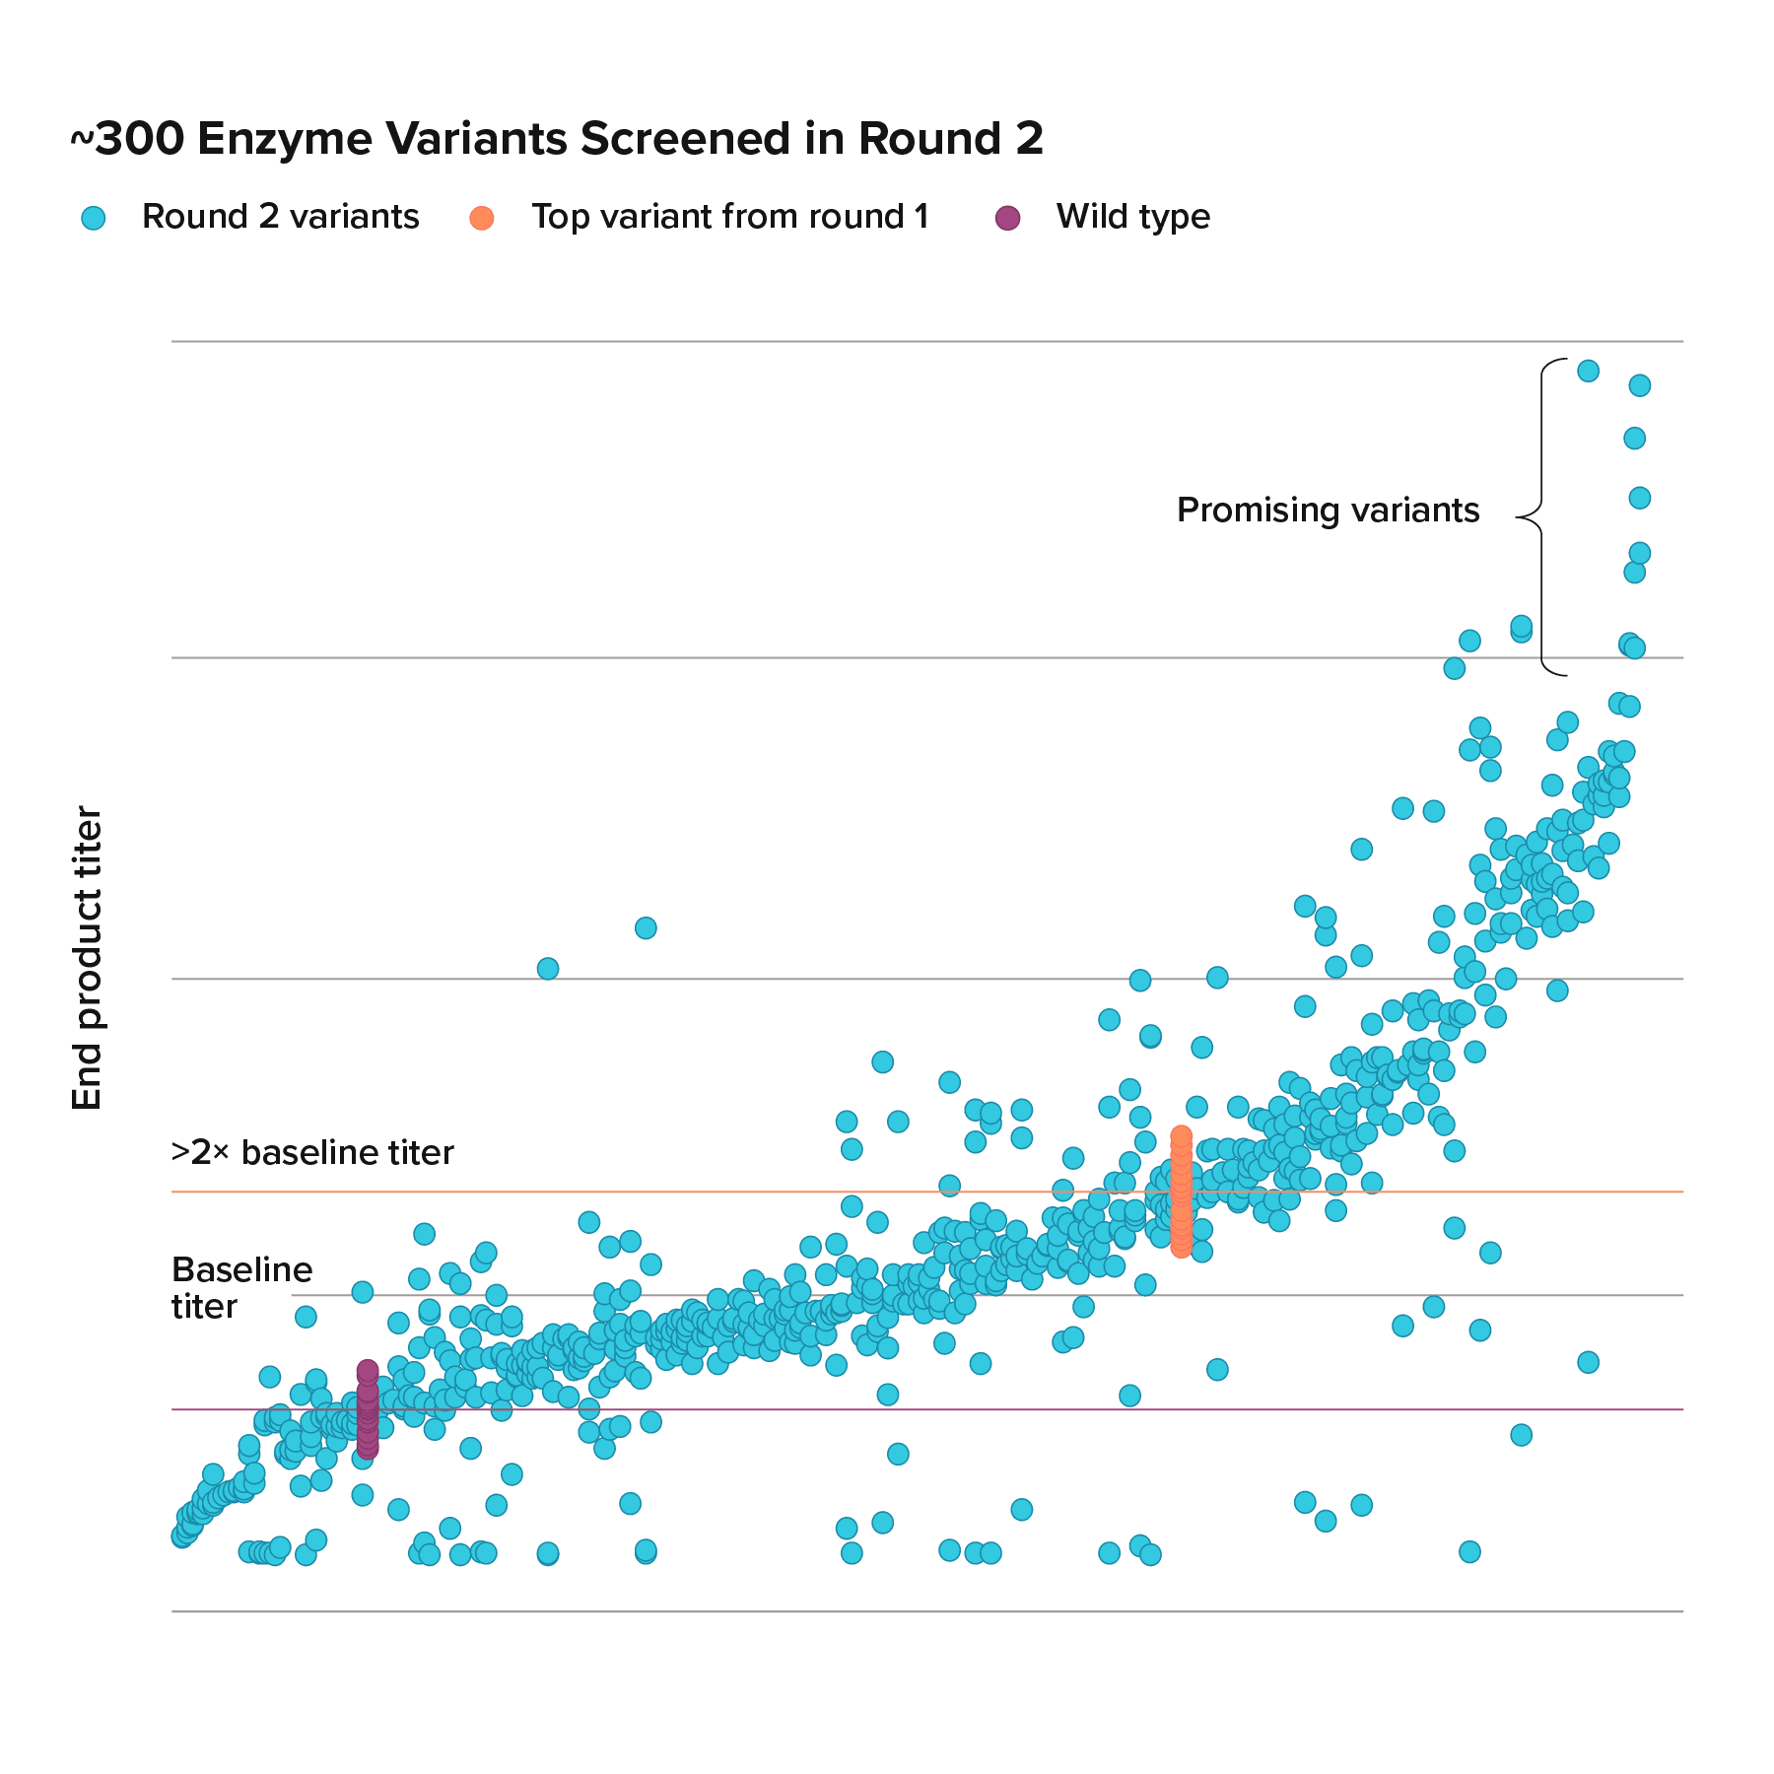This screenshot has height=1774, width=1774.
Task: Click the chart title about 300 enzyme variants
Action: point(557,139)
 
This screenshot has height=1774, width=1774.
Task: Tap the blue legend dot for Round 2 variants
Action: point(93,218)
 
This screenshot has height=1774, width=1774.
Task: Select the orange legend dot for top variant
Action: point(482,218)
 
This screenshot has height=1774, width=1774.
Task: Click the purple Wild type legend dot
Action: point(1007,218)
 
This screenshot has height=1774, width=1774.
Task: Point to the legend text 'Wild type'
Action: point(1132,217)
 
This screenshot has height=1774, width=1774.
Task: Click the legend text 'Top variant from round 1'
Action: point(730,217)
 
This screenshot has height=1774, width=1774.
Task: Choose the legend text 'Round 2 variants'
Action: point(280,217)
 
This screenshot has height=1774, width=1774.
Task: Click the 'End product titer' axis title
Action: point(88,958)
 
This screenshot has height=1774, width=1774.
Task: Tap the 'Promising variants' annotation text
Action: point(1328,511)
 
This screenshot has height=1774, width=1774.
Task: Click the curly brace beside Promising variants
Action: point(1538,516)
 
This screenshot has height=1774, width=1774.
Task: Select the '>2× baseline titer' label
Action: point(312,1152)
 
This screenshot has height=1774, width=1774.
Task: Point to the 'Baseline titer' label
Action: point(241,1287)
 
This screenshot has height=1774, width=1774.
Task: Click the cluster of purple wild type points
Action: point(367,1409)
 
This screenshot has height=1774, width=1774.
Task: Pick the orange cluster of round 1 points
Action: point(1181,1192)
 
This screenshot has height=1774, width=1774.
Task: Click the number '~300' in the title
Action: point(126,139)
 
